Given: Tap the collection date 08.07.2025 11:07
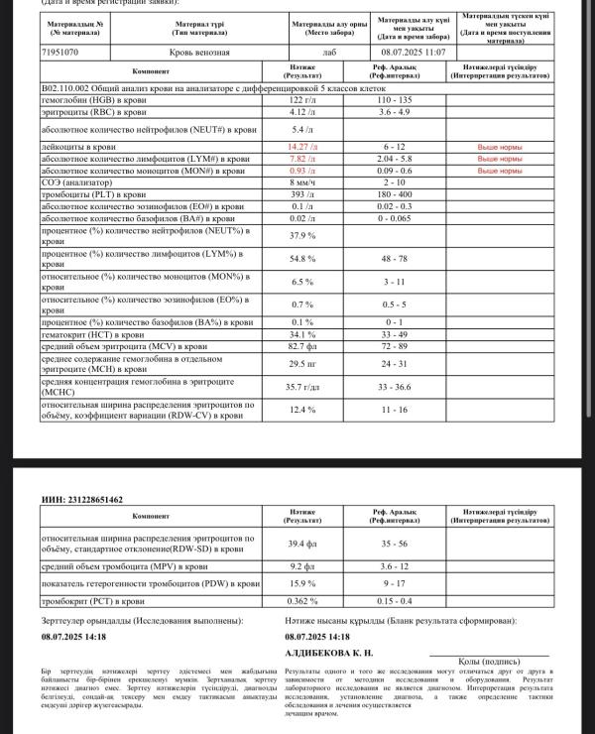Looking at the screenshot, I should pos(414,52).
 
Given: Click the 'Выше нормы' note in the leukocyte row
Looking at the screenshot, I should pos(500,147).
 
